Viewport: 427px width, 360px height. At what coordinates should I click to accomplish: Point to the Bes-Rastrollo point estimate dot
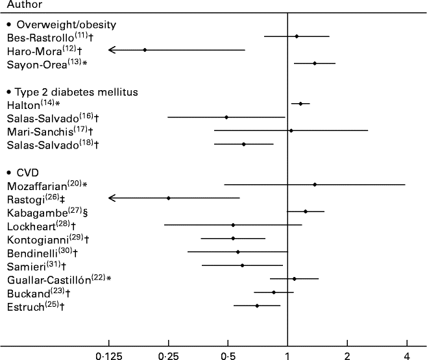coord(297,36)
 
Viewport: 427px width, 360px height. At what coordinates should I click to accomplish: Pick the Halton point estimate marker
coord(300,104)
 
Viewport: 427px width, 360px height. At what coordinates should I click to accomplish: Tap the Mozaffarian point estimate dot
coord(315,185)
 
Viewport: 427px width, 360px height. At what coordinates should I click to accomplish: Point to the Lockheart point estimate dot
coord(233,225)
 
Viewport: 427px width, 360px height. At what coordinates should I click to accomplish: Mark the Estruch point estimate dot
coord(257,306)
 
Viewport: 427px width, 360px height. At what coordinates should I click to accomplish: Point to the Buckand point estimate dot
coord(274,293)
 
